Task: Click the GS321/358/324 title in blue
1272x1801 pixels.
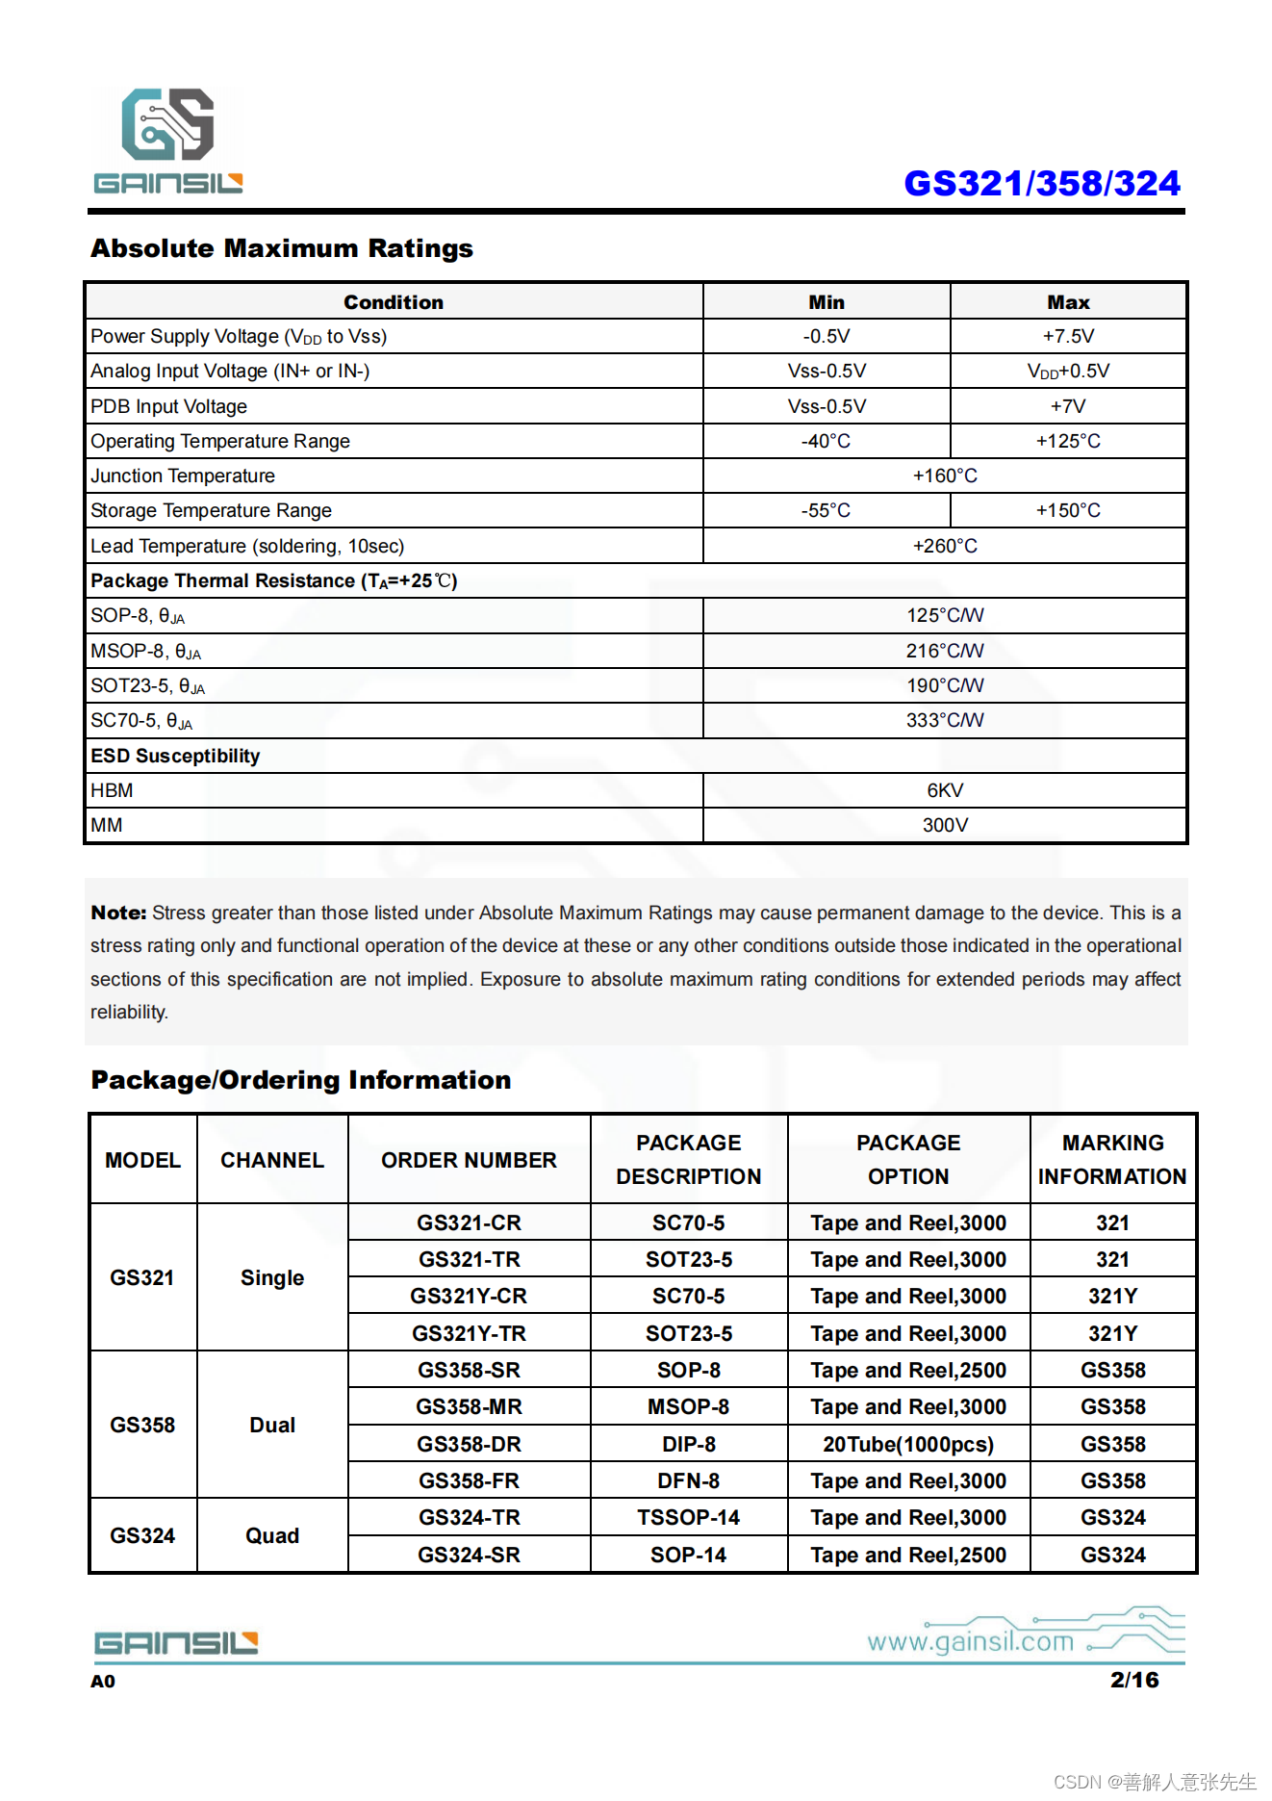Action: click(1041, 183)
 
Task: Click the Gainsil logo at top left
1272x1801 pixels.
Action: click(168, 141)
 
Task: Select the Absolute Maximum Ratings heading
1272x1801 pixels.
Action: click(282, 248)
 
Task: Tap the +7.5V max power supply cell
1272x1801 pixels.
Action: click(1068, 336)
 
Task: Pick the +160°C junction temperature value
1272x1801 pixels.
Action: click(944, 476)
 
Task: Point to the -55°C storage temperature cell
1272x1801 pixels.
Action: click(826, 510)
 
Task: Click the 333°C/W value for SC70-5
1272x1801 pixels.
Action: click(944, 720)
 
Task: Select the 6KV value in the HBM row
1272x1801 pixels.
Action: click(944, 790)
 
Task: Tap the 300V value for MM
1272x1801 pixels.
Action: click(944, 825)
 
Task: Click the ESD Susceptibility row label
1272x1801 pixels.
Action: click(175, 756)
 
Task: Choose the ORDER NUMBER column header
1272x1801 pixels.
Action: click(469, 1160)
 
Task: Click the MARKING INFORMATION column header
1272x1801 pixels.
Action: click(1112, 1159)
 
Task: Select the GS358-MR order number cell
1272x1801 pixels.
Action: click(469, 1406)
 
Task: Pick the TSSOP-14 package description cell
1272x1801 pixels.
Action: click(688, 1517)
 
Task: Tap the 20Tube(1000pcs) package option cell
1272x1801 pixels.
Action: click(907, 1444)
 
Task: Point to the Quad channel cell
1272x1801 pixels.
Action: click(272, 1535)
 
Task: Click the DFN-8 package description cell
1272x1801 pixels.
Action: click(688, 1480)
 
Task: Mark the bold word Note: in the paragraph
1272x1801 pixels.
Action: click(118, 913)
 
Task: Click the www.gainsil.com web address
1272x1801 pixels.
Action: click(970, 1641)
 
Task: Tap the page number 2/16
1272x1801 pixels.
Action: click(1133, 1680)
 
